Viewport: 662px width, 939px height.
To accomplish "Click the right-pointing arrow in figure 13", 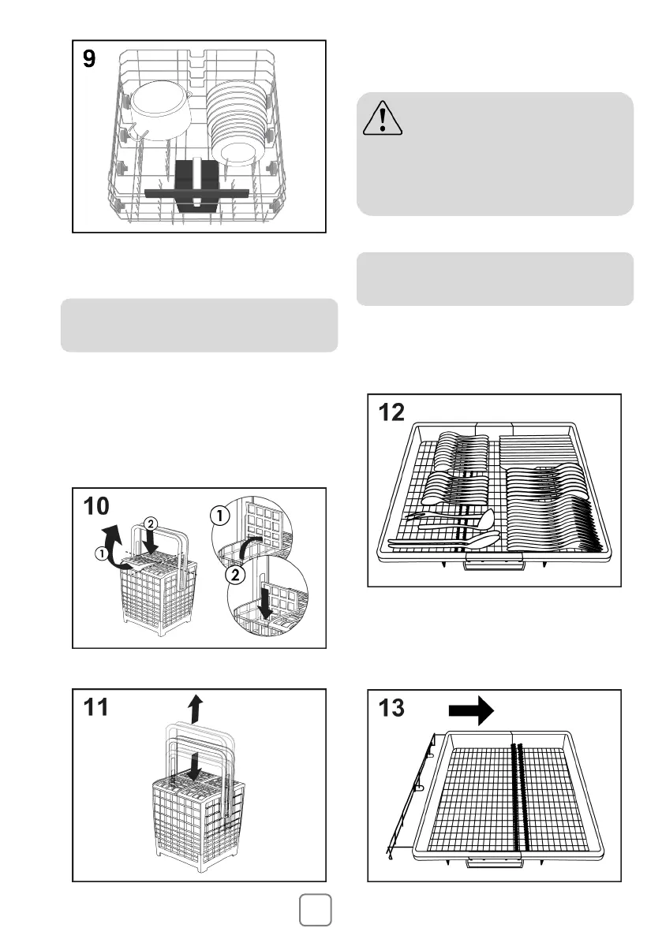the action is pyautogui.click(x=471, y=710).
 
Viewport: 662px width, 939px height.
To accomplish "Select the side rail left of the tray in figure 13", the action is pyautogui.click(x=410, y=788).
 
